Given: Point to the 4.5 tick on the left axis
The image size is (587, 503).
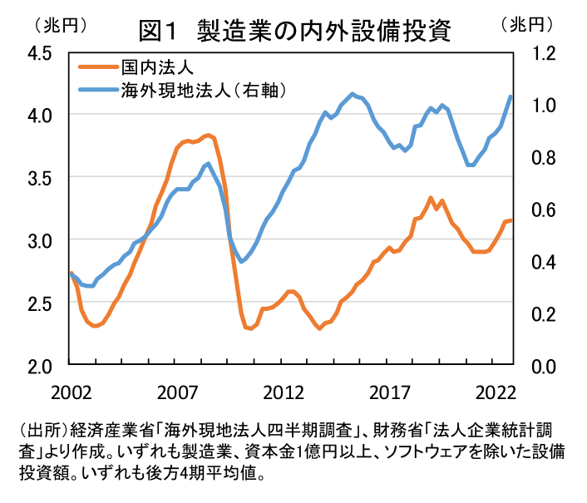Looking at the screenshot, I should (x=39, y=52).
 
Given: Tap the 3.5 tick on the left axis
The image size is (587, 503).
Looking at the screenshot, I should (x=39, y=177).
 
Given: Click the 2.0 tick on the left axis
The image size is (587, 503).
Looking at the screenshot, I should (x=39, y=365).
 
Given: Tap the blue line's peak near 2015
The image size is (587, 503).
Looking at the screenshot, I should (x=353, y=94).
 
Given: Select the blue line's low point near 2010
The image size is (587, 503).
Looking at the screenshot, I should (x=241, y=262).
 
